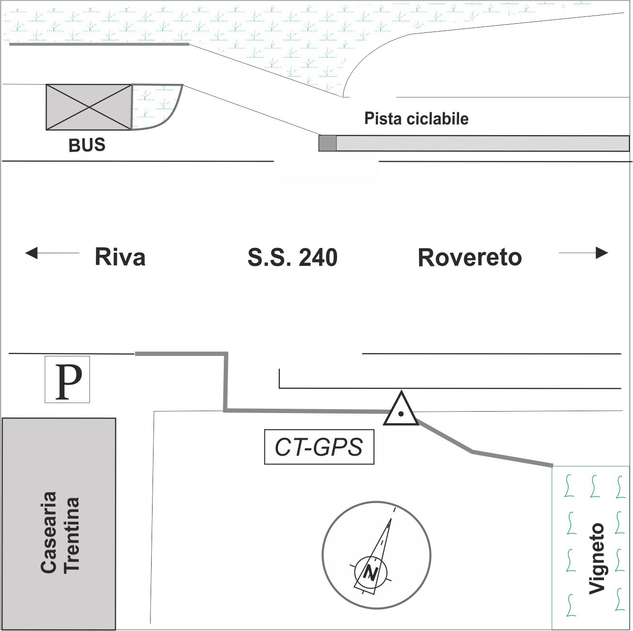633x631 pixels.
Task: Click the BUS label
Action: (x=87, y=145)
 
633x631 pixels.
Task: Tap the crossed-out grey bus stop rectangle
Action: (x=89, y=107)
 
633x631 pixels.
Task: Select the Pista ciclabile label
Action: (x=417, y=119)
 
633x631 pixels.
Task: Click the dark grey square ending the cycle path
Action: (x=327, y=143)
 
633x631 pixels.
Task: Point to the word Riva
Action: (x=120, y=257)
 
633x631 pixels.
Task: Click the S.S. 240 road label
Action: (x=292, y=257)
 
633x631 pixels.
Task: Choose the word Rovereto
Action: (x=470, y=257)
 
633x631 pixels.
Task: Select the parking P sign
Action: (x=68, y=380)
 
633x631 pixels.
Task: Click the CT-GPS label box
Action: (x=319, y=447)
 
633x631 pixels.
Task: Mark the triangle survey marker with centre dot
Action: (x=401, y=411)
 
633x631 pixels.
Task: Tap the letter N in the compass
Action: (x=371, y=573)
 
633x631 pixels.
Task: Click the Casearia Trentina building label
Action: (x=59, y=533)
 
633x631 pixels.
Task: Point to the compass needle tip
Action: (x=390, y=520)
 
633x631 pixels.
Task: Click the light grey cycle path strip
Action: (x=482, y=143)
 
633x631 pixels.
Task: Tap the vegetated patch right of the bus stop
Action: (x=154, y=107)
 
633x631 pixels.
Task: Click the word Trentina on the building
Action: (x=71, y=534)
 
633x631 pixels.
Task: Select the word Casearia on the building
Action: (x=48, y=533)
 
